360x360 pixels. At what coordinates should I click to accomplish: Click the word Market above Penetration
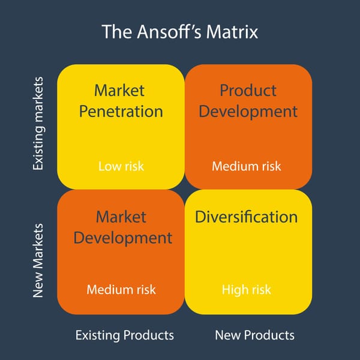[x=119, y=91]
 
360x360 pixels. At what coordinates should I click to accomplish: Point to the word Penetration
[x=120, y=112]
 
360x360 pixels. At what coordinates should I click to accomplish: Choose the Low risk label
[x=121, y=166]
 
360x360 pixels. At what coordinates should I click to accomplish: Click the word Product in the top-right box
[x=248, y=91]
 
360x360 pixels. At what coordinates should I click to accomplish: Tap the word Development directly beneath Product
[x=248, y=112]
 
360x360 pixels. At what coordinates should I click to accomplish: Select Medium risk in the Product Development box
[x=247, y=166]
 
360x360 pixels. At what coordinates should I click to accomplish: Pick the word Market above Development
[x=121, y=216]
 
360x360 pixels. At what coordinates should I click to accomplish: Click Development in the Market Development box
[x=122, y=237]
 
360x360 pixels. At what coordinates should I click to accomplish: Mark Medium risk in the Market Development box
[x=121, y=290]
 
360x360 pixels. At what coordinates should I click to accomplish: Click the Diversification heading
[x=246, y=217]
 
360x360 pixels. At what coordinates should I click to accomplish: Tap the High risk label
[x=246, y=290]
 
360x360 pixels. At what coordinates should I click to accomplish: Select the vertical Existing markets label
[x=38, y=122]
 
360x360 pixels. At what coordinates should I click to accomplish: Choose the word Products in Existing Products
[x=149, y=335]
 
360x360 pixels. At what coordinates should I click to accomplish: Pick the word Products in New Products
[x=269, y=335]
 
